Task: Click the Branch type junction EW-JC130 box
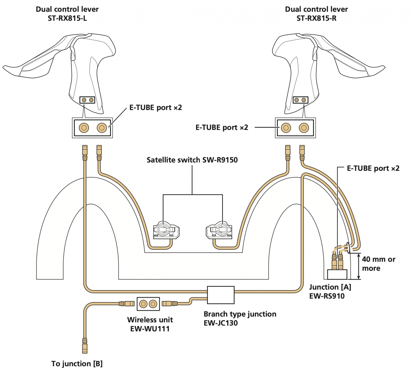pyautogui.click(x=221, y=295)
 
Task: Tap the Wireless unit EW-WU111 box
pyautogui.click(x=148, y=304)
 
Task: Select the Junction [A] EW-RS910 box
pyautogui.click(x=337, y=274)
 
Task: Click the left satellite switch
pyautogui.click(x=166, y=230)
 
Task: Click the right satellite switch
pyautogui.click(x=219, y=230)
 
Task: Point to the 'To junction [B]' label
pyautogui.click(x=77, y=364)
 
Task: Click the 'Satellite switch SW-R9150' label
pyautogui.click(x=192, y=160)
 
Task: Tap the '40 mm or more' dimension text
pyautogui.click(x=378, y=264)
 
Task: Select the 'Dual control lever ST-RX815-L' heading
pyautogui.click(x=67, y=14)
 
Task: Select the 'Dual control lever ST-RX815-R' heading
pyautogui.click(x=316, y=14)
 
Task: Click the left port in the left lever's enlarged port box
pyautogui.click(x=84, y=128)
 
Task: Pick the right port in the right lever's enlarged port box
pyautogui.click(x=304, y=128)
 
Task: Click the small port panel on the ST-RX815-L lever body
pyautogui.click(x=87, y=100)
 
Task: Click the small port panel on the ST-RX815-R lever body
pyautogui.click(x=300, y=100)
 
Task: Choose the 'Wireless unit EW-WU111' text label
pyautogui.click(x=150, y=324)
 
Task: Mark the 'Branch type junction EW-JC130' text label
pyautogui.click(x=240, y=318)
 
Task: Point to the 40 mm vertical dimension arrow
pyautogui.click(x=358, y=266)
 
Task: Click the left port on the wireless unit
pyautogui.click(x=143, y=304)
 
